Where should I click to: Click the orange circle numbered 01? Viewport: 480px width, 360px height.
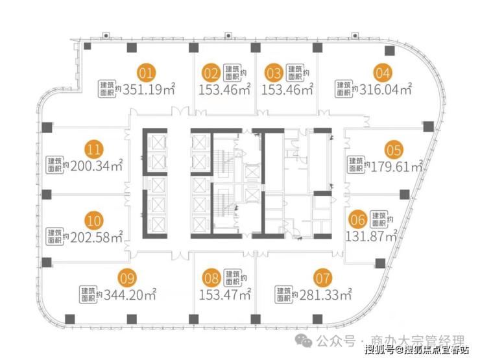(x=146, y=73)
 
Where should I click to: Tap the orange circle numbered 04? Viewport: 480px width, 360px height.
(x=383, y=73)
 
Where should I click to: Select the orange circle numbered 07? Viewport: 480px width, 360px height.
(x=322, y=278)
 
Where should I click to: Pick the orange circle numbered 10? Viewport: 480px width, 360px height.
(x=93, y=221)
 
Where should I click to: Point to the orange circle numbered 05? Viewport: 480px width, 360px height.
(x=394, y=150)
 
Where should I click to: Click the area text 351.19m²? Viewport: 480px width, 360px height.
(x=149, y=90)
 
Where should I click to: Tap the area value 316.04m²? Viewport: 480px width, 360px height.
(x=386, y=90)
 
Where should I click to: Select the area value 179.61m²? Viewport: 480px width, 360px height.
(x=398, y=167)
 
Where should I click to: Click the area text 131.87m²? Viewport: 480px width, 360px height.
(x=372, y=236)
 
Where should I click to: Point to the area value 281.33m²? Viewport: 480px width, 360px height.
(x=326, y=294)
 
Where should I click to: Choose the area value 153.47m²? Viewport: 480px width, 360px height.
(x=225, y=294)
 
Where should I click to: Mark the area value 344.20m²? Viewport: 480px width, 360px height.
(x=130, y=294)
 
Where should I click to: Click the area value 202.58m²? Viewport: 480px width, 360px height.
(x=97, y=237)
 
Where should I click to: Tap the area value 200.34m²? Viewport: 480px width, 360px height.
(x=97, y=166)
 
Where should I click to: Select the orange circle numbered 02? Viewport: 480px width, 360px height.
(x=211, y=73)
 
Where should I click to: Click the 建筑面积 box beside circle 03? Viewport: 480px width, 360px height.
(x=295, y=73)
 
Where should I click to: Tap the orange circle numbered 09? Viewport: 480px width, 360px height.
(x=127, y=278)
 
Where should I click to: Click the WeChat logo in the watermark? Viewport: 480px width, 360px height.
(x=304, y=341)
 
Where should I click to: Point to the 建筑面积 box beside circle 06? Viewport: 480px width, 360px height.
(x=379, y=219)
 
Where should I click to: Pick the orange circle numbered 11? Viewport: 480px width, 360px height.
(x=93, y=149)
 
